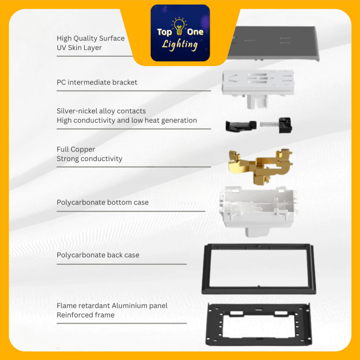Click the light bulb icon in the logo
pos(179,26)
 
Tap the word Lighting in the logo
pos(180,45)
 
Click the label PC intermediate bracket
pos(97,82)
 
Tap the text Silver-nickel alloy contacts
pos(101,111)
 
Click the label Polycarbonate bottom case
pos(103,202)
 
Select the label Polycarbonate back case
pos(98,255)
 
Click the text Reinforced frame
pos(86,315)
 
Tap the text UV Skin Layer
pos(79,48)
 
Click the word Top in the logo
pos(165,32)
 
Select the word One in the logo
pos(195,32)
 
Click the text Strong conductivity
pos(90,159)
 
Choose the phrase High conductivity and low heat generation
pos(127,121)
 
